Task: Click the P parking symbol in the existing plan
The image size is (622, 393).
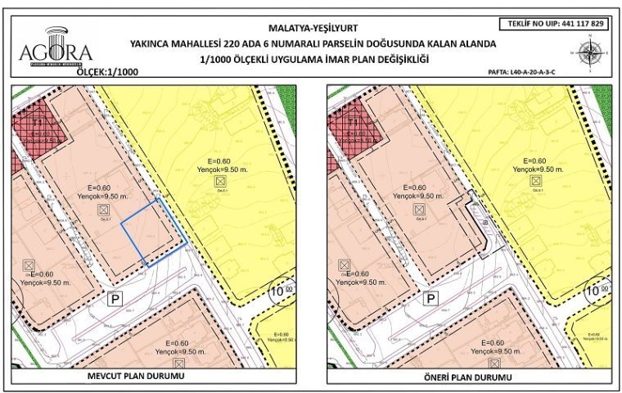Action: click(115, 300)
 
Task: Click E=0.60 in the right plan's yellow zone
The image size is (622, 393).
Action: click(534, 160)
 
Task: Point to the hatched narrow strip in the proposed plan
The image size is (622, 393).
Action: click(480, 221)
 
